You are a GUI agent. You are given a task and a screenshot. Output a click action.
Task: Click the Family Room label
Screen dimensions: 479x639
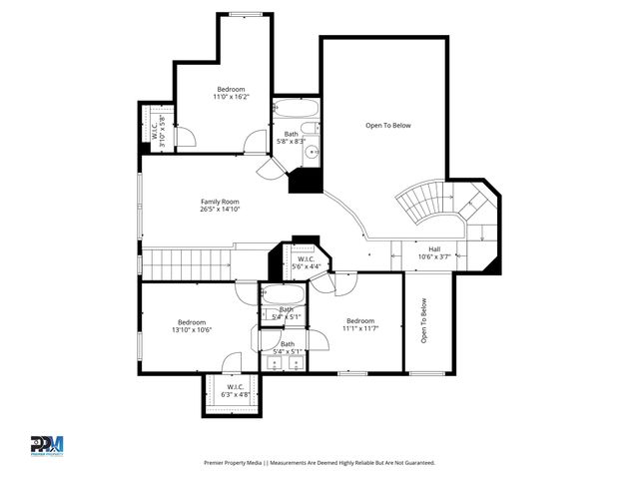tap(220, 202)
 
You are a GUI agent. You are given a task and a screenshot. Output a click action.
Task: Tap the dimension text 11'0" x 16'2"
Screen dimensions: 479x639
tap(231, 98)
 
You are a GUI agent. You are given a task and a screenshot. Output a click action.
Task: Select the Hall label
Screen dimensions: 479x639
tap(434, 248)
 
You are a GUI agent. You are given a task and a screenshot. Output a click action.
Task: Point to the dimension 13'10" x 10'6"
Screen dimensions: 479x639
tap(192, 330)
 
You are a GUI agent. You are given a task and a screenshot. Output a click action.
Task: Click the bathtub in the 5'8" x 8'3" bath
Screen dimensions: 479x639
tap(297, 109)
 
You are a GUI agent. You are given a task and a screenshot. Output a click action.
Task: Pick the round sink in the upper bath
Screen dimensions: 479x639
tap(311, 153)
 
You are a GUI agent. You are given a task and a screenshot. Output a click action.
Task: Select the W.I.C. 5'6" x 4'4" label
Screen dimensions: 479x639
tap(307, 262)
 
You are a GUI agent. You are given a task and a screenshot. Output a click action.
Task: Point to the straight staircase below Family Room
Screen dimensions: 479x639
tap(190, 264)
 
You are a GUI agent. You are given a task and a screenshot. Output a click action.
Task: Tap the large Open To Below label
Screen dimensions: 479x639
tap(387, 126)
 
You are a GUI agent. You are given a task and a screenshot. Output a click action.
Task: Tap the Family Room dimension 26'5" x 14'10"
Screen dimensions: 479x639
tap(220, 210)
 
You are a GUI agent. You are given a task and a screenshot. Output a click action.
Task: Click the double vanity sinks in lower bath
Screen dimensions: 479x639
tap(288, 364)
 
